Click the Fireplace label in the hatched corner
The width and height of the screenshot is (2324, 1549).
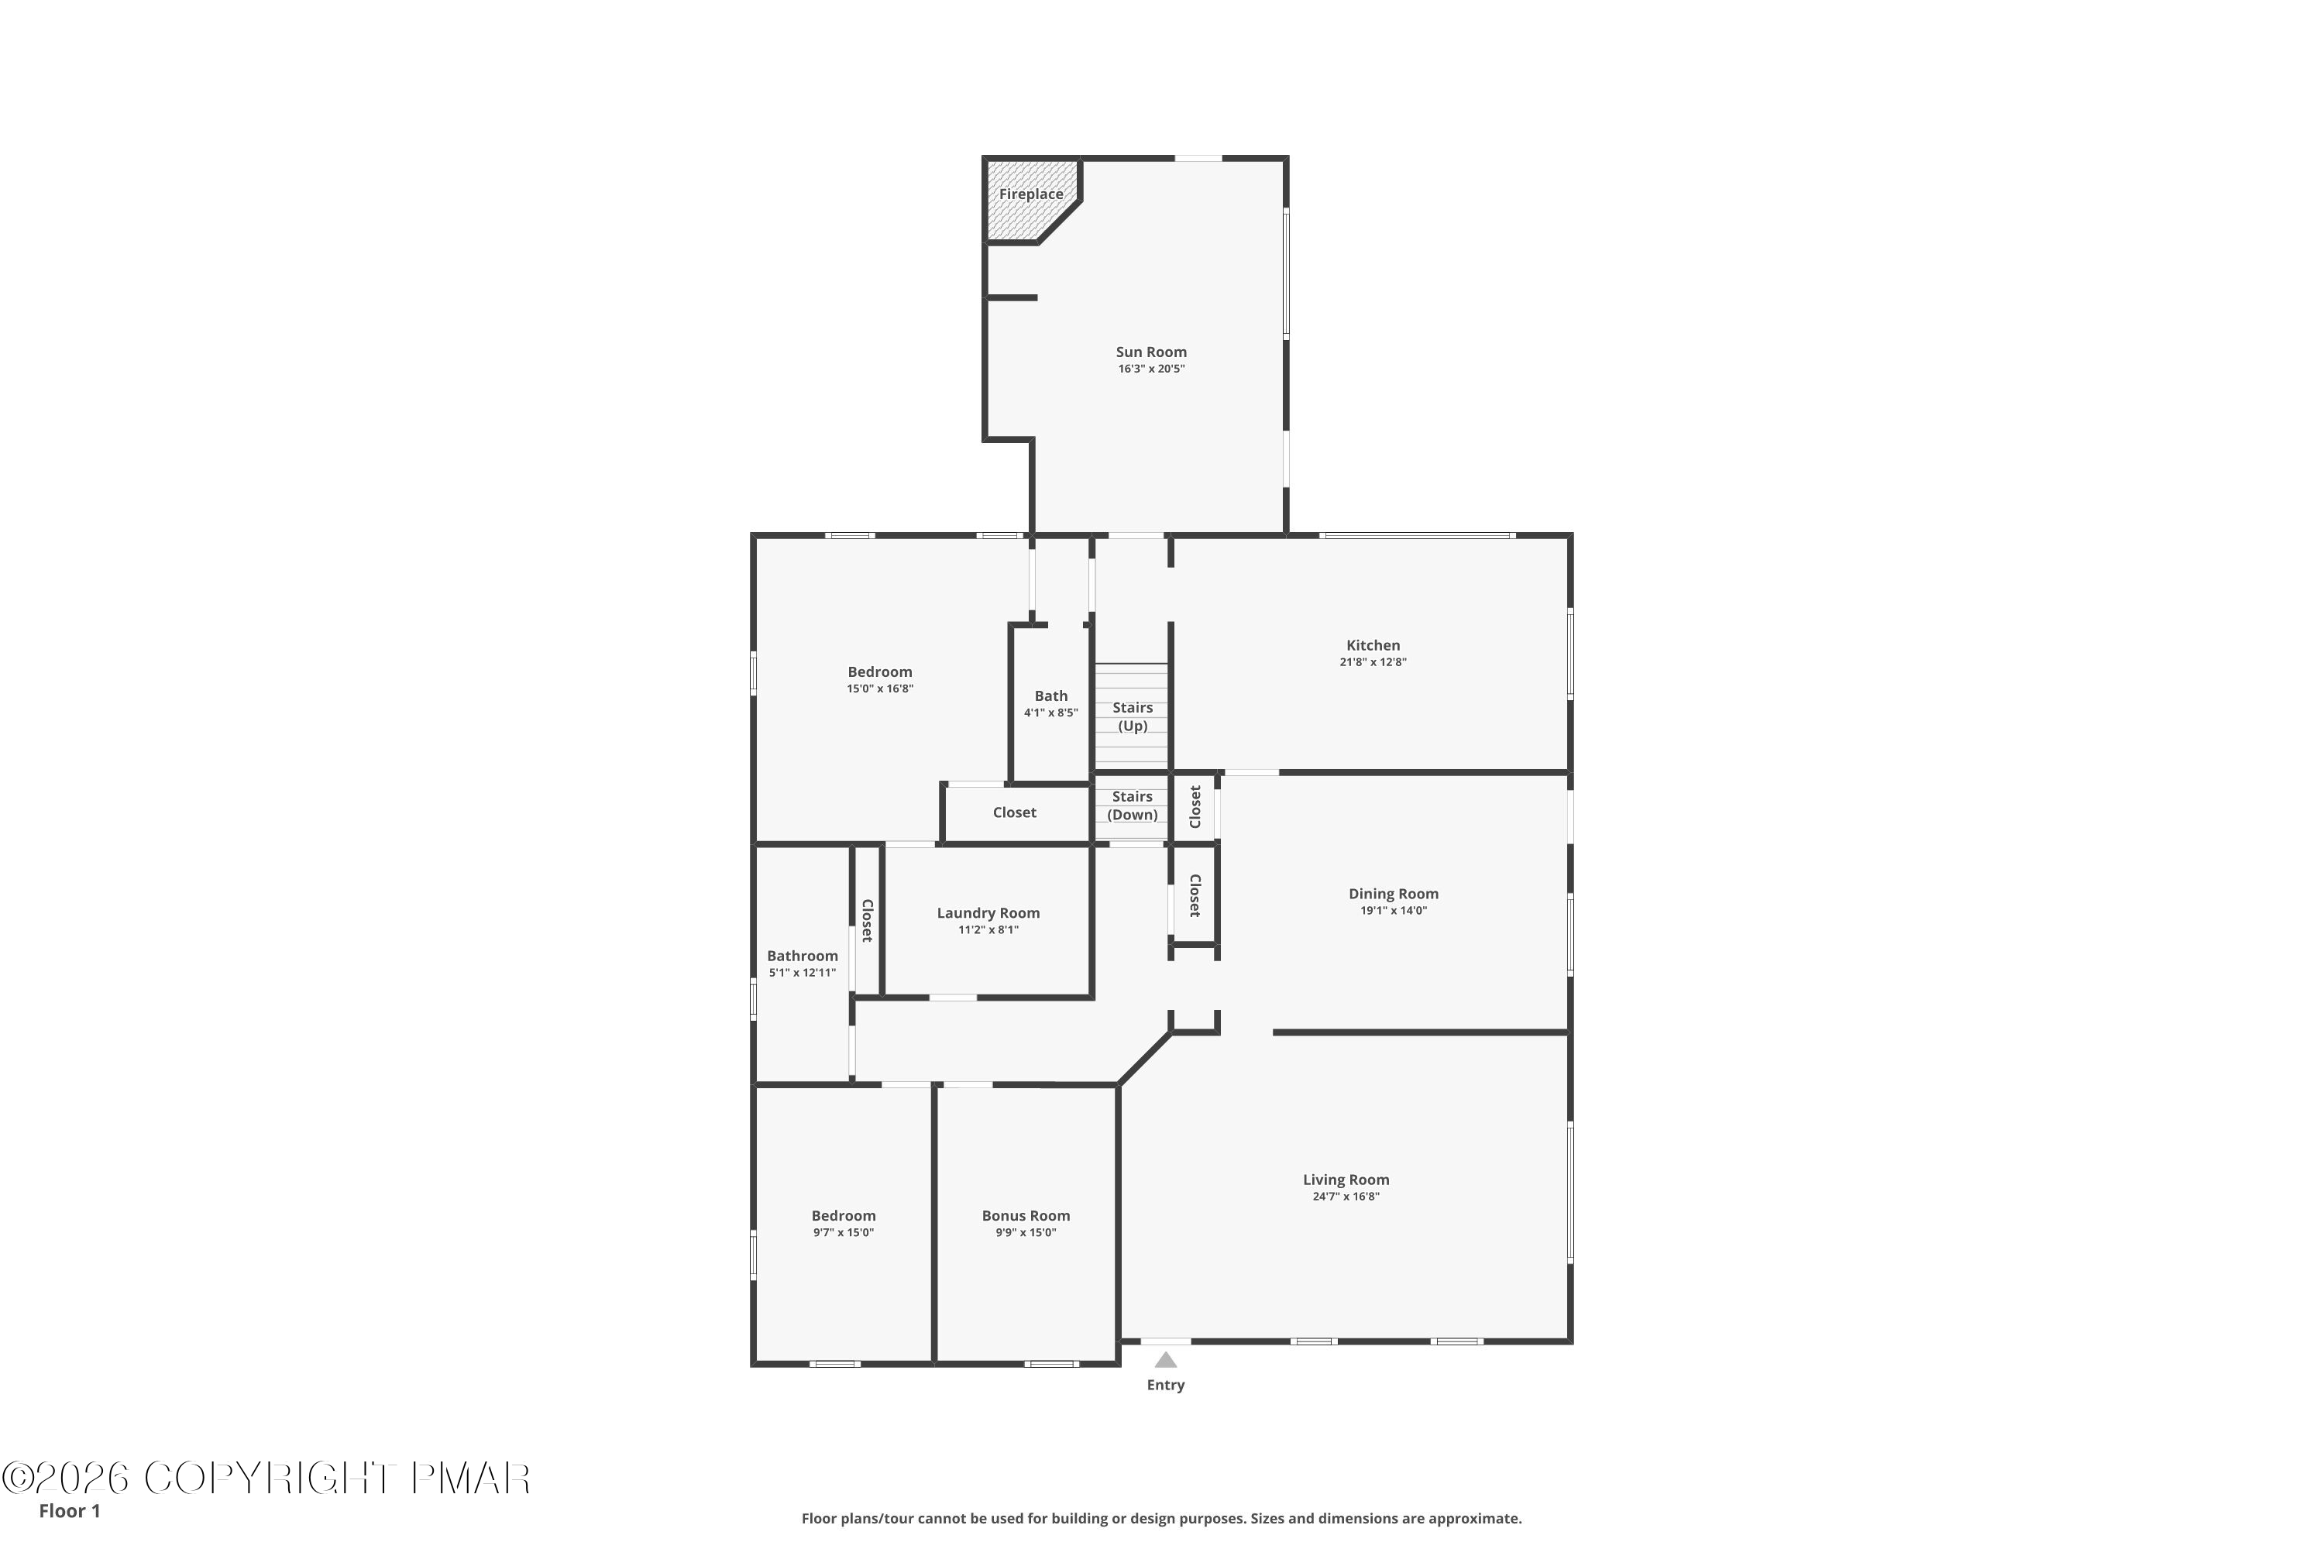coord(1030,194)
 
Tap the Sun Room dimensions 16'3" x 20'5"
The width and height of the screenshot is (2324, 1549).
coord(1151,369)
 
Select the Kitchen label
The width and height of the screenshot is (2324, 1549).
coord(1373,645)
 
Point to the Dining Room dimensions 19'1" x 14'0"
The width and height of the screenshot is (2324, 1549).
coord(1393,911)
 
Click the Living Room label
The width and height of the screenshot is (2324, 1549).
coord(1346,1180)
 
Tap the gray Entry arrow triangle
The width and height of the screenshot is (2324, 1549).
coord(1166,1359)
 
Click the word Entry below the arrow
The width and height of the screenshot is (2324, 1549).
coord(1166,1385)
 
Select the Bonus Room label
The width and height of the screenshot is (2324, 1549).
coord(1026,1216)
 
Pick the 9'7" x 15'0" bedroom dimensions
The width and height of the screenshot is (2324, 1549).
coord(844,1233)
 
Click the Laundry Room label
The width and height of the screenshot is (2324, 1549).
coord(988,914)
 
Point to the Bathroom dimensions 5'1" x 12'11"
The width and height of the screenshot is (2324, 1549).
coord(803,973)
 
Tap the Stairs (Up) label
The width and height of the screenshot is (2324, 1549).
coord(1133,717)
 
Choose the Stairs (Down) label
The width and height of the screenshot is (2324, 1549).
coord(1133,806)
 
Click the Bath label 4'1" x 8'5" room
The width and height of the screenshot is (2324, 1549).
coord(1051,696)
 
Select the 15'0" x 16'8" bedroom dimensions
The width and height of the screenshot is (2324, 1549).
coord(879,689)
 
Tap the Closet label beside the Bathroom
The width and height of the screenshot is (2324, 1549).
coord(868,921)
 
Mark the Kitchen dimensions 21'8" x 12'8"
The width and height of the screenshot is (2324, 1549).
coord(1373,663)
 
